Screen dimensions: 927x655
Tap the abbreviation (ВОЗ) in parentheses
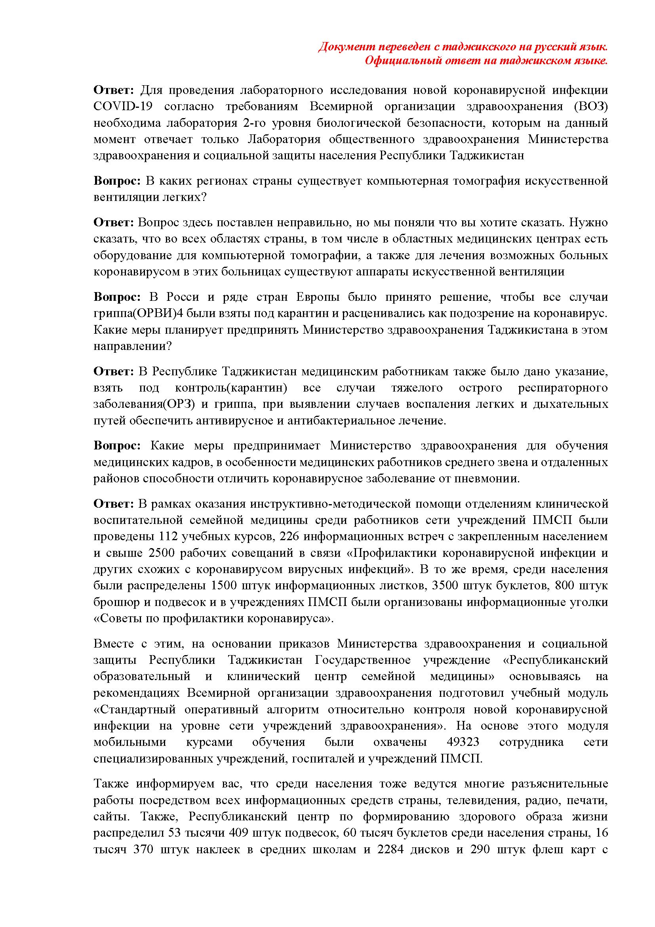590,106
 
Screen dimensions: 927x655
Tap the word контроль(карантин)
231,388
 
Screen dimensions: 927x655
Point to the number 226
289,537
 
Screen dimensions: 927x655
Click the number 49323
463,742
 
